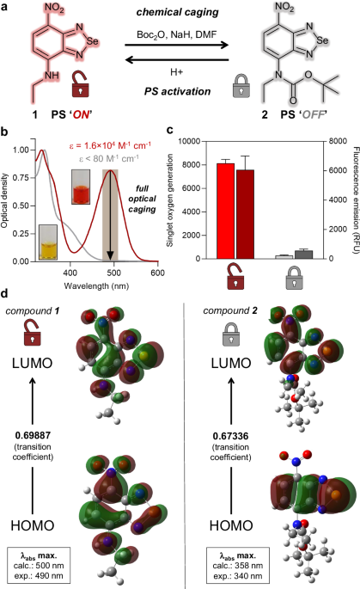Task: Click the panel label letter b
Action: pos(6,132)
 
